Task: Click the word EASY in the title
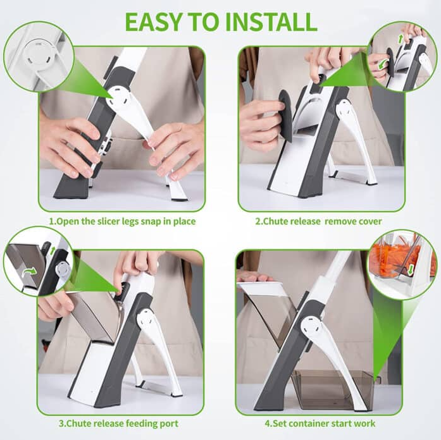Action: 154,21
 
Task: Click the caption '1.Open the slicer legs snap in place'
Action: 122,221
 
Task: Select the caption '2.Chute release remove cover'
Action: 318,221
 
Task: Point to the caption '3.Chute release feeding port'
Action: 118,423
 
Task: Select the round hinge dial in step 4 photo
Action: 313,329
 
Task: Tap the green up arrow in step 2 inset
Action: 400,40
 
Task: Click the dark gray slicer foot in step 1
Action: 70,188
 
